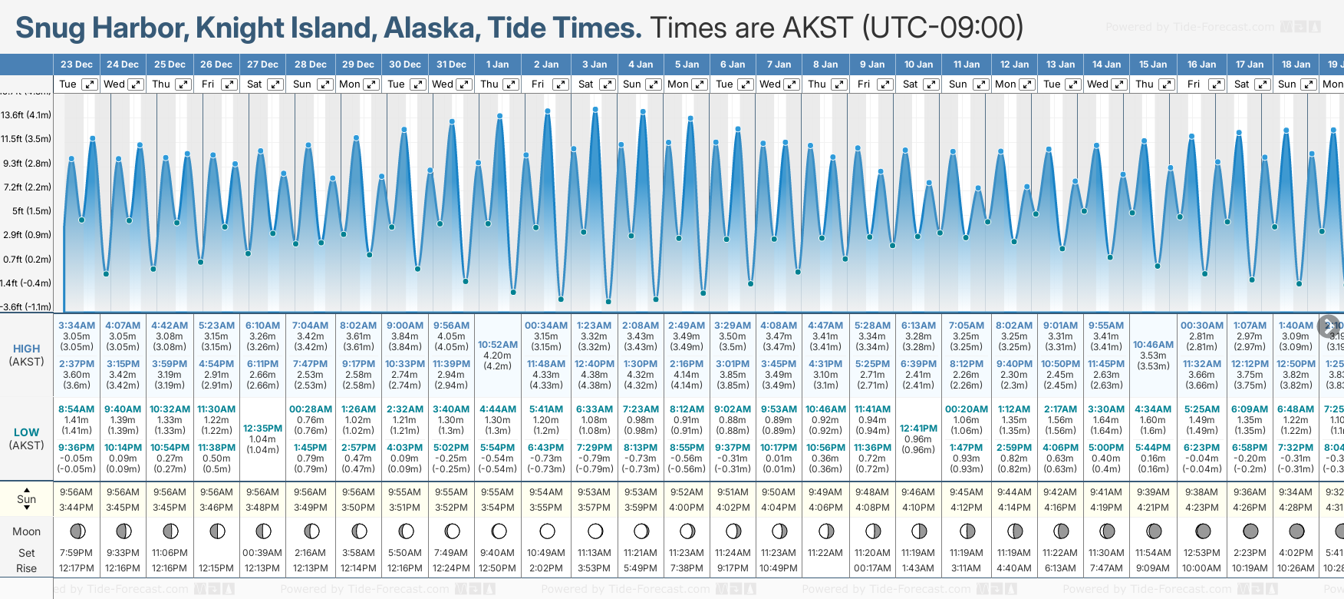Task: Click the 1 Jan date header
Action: (x=498, y=65)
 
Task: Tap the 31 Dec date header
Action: (x=451, y=65)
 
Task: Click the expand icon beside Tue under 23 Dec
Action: (x=90, y=84)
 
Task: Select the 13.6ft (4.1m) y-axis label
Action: (x=26, y=115)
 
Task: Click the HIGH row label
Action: (x=26, y=349)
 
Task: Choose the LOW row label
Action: (x=26, y=432)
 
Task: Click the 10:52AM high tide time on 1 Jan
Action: (x=498, y=345)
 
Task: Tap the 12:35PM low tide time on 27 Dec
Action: (x=262, y=429)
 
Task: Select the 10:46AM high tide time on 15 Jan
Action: (x=1153, y=345)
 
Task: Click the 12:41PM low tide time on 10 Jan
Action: (x=918, y=429)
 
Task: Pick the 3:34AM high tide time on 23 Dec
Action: (x=77, y=326)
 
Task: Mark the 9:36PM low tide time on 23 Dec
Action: (x=77, y=448)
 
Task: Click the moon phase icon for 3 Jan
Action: (x=595, y=531)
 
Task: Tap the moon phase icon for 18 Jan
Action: (x=1296, y=531)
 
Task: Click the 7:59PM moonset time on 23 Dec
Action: (x=76, y=553)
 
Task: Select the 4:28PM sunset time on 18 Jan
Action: (x=1296, y=508)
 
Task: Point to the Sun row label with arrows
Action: (x=26, y=499)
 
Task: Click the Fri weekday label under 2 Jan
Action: (x=538, y=84)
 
